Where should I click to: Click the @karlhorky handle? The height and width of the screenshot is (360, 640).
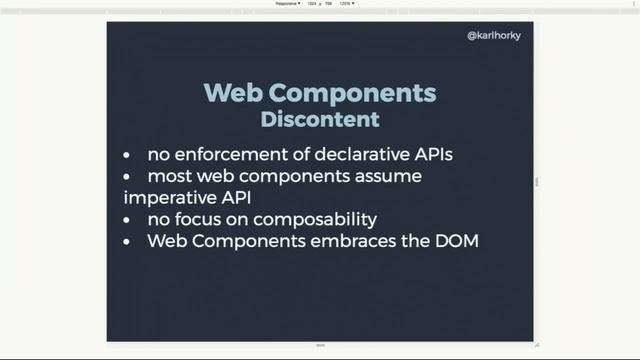pos(494,36)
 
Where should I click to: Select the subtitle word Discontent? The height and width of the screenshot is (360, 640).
pos(319,119)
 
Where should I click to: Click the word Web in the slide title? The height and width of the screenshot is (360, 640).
pos(234,93)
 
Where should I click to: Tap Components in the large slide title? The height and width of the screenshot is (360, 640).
pos(354,93)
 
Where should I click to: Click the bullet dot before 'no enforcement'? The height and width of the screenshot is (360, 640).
pos(126,156)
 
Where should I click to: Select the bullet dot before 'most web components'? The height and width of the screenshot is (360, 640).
pos(126,177)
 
